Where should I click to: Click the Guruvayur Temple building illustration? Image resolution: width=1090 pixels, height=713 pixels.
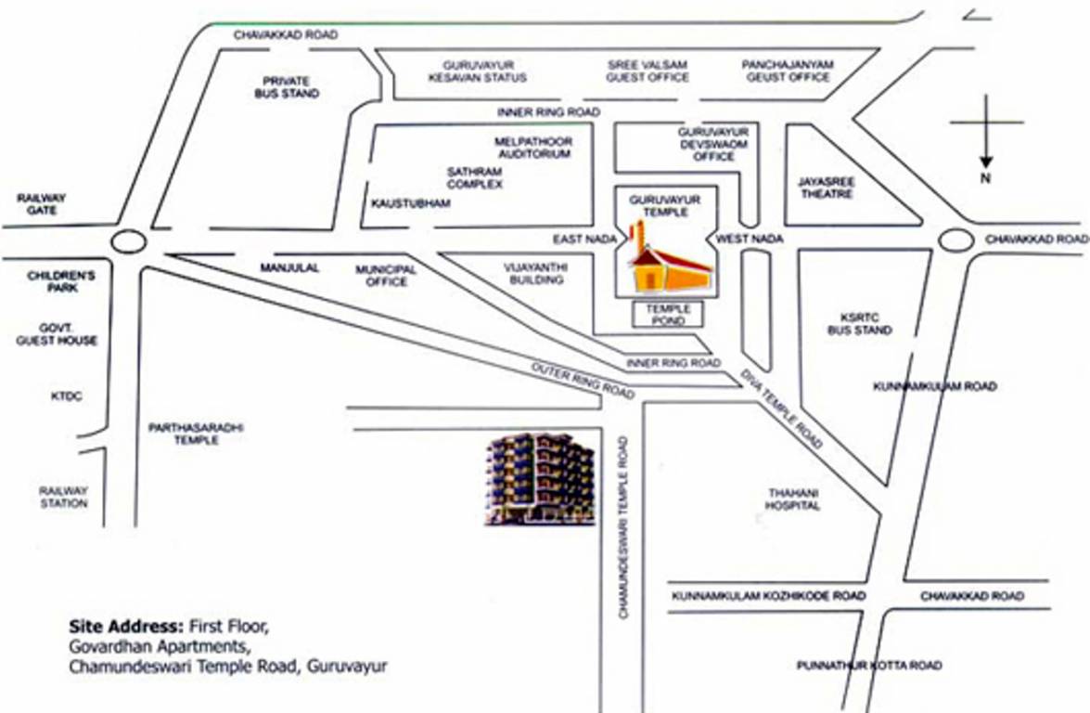pyautogui.click(x=666, y=266)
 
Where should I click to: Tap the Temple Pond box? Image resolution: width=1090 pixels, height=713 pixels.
pyautogui.click(x=668, y=315)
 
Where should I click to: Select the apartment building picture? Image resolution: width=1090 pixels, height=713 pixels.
pyautogui.click(x=539, y=480)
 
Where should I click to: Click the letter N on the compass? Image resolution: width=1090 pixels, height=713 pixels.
pyautogui.click(x=985, y=180)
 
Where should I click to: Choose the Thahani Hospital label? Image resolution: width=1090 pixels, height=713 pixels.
pyautogui.click(x=792, y=499)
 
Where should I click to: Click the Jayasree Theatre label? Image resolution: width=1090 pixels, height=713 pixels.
pyautogui.click(x=826, y=188)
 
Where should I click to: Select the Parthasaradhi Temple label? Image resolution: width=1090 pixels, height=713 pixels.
pyautogui.click(x=197, y=434)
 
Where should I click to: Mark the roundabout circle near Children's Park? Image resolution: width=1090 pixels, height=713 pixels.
pyautogui.click(x=128, y=243)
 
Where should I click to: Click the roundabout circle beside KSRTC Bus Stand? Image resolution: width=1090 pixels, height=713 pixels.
pyautogui.click(x=955, y=240)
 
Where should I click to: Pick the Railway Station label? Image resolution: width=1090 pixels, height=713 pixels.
pyautogui.click(x=63, y=497)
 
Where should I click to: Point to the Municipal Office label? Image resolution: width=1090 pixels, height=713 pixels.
pyautogui.click(x=386, y=275)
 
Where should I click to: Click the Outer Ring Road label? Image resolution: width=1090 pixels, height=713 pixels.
pyautogui.click(x=583, y=378)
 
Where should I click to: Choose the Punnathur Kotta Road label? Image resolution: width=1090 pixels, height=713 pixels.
pyautogui.click(x=869, y=666)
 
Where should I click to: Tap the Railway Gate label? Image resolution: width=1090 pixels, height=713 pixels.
pyautogui.click(x=42, y=204)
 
